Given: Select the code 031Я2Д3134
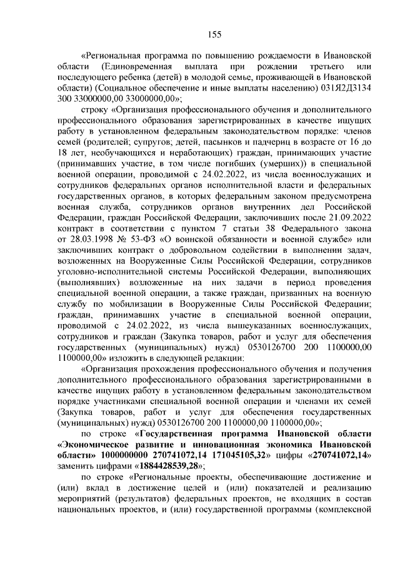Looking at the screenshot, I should point(344,87).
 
